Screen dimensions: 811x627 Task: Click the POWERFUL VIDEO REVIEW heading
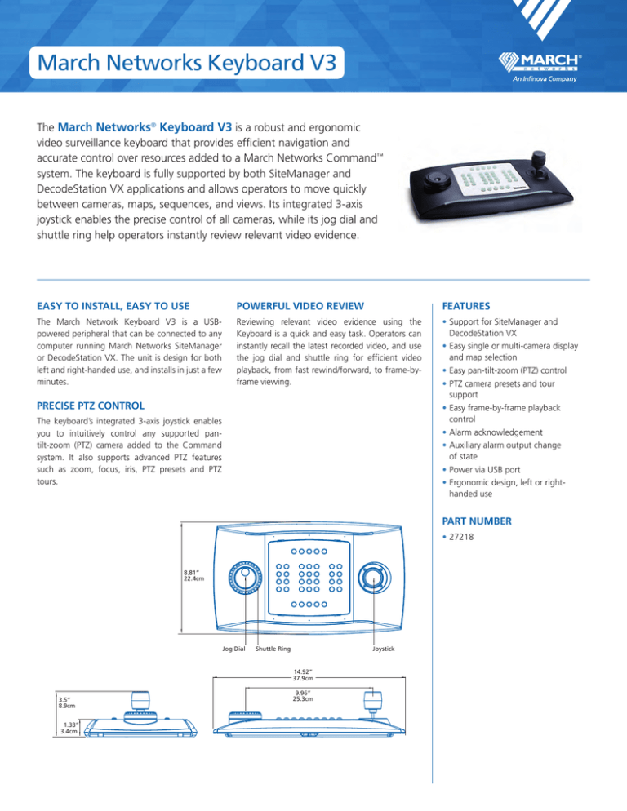click(300, 306)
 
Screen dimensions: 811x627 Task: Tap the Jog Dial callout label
click(234, 649)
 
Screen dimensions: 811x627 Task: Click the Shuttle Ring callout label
click(273, 649)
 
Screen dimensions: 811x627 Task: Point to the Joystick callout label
click(383, 649)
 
